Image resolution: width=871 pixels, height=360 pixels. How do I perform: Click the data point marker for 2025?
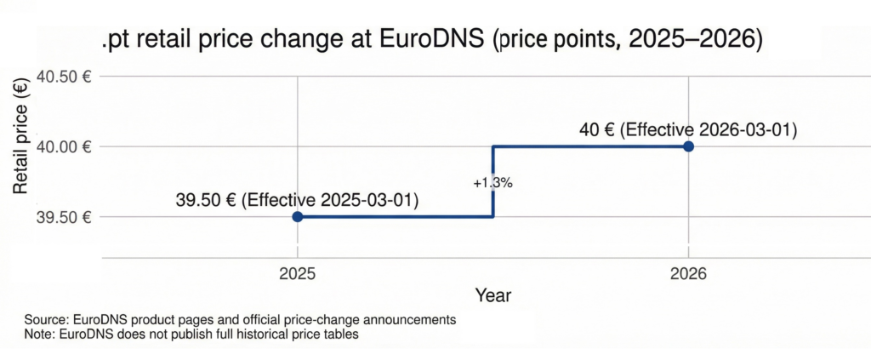pyautogui.click(x=297, y=217)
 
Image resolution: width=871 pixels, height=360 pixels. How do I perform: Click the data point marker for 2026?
pyautogui.click(x=688, y=146)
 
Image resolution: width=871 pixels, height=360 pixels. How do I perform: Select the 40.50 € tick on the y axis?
pyautogui.click(x=62, y=77)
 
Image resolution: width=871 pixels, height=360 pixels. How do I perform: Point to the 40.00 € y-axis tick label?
pyautogui.click(x=62, y=146)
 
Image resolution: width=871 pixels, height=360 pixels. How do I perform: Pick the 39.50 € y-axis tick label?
pyautogui.click(x=62, y=217)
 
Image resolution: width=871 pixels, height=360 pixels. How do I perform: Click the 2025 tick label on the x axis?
pyautogui.click(x=297, y=274)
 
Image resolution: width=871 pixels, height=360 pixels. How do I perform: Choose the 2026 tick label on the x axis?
pyautogui.click(x=688, y=274)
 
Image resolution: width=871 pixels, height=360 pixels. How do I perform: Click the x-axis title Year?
pyautogui.click(x=492, y=295)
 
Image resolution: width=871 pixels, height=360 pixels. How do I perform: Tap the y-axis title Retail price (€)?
pyautogui.click(x=21, y=145)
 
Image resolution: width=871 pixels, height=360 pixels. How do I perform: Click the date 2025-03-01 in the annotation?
pyautogui.click(x=367, y=202)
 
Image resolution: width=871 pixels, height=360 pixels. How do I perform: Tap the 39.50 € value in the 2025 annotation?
pyautogui.click(x=207, y=202)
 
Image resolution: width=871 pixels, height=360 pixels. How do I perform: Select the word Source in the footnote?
pyautogui.click(x=46, y=320)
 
